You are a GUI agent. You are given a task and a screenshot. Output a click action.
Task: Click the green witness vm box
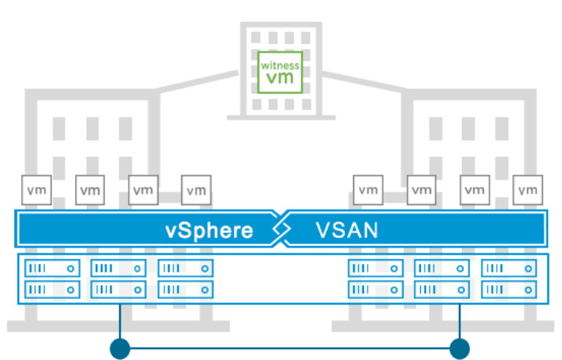(x=280, y=72)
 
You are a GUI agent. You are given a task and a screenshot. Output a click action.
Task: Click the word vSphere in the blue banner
(x=209, y=231)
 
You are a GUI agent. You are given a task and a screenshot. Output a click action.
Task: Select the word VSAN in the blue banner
(x=347, y=231)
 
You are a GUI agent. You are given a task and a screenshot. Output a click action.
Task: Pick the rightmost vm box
(x=528, y=191)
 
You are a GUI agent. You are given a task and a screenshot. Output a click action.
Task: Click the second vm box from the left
(x=90, y=191)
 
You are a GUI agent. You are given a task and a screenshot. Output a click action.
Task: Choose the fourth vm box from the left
(x=196, y=191)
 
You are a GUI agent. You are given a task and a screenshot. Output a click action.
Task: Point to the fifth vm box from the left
(x=368, y=191)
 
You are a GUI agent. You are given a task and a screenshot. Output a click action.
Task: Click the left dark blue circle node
(x=119, y=348)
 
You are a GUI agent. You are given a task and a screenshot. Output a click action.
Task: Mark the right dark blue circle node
(x=460, y=348)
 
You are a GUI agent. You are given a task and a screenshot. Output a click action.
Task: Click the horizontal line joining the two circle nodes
(x=289, y=348)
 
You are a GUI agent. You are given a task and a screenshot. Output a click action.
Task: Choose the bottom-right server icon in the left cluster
(x=185, y=289)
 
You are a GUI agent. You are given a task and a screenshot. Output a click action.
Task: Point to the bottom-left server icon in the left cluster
(x=52, y=289)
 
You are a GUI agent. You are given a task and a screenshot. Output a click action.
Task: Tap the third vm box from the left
(x=143, y=191)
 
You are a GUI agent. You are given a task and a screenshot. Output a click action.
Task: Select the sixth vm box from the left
(x=422, y=191)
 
